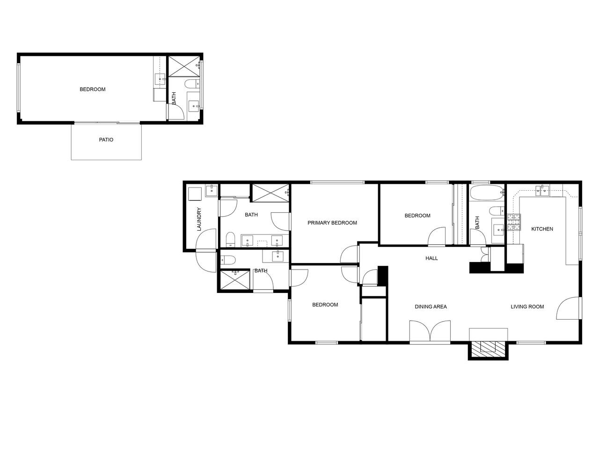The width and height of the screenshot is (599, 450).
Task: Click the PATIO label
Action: point(106,140)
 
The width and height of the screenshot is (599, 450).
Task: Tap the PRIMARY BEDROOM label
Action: point(332,223)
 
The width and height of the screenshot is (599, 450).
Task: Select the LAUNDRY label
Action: point(199,219)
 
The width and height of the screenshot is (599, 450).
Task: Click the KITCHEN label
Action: point(542,229)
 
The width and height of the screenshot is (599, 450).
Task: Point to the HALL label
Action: point(431,258)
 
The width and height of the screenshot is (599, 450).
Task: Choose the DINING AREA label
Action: point(431,307)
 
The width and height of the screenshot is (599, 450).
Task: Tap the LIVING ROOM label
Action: point(527,307)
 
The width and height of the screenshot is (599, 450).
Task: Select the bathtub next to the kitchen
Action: point(486,193)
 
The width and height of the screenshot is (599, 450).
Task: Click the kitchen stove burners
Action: point(513,222)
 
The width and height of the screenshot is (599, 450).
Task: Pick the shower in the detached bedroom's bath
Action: point(184,67)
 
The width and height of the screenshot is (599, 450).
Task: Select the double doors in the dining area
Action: point(430,331)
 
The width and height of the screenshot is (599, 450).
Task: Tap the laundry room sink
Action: point(211,190)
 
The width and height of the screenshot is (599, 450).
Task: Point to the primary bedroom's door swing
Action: point(349,254)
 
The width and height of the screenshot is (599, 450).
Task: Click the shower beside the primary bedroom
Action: point(270,193)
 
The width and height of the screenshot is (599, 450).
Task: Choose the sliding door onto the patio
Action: point(107,123)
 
